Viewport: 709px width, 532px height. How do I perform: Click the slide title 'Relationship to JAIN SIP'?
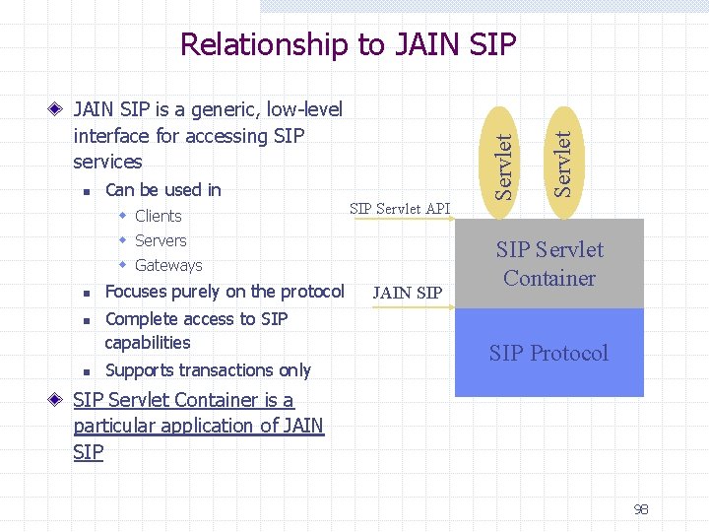[x=348, y=44]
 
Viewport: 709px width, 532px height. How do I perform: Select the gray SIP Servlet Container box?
[x=548, y=264]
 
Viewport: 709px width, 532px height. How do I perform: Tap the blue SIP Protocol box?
[x=548, y=353]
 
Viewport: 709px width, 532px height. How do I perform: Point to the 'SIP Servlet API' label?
[x=400, y=208]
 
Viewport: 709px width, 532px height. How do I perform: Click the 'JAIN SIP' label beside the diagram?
[x=408, y=293]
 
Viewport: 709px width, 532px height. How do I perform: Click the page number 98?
[x=641, y=509]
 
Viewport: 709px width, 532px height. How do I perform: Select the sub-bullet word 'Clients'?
[x=158, y=216]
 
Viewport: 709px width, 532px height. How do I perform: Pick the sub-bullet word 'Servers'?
[x=161, y=240]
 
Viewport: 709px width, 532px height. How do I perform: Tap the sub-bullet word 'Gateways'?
[x=168, y=265]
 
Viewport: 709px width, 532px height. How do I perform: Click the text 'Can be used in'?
[x=162, y=189]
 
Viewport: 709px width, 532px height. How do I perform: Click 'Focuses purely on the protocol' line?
[x=225, y=292]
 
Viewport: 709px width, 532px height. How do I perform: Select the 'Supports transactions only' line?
[x=208, y=370]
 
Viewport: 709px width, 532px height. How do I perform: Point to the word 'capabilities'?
[x=148, y=343]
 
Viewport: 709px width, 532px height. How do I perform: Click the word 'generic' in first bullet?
[x=211, y=110]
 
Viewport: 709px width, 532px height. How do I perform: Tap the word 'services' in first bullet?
[x=107, y=162]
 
